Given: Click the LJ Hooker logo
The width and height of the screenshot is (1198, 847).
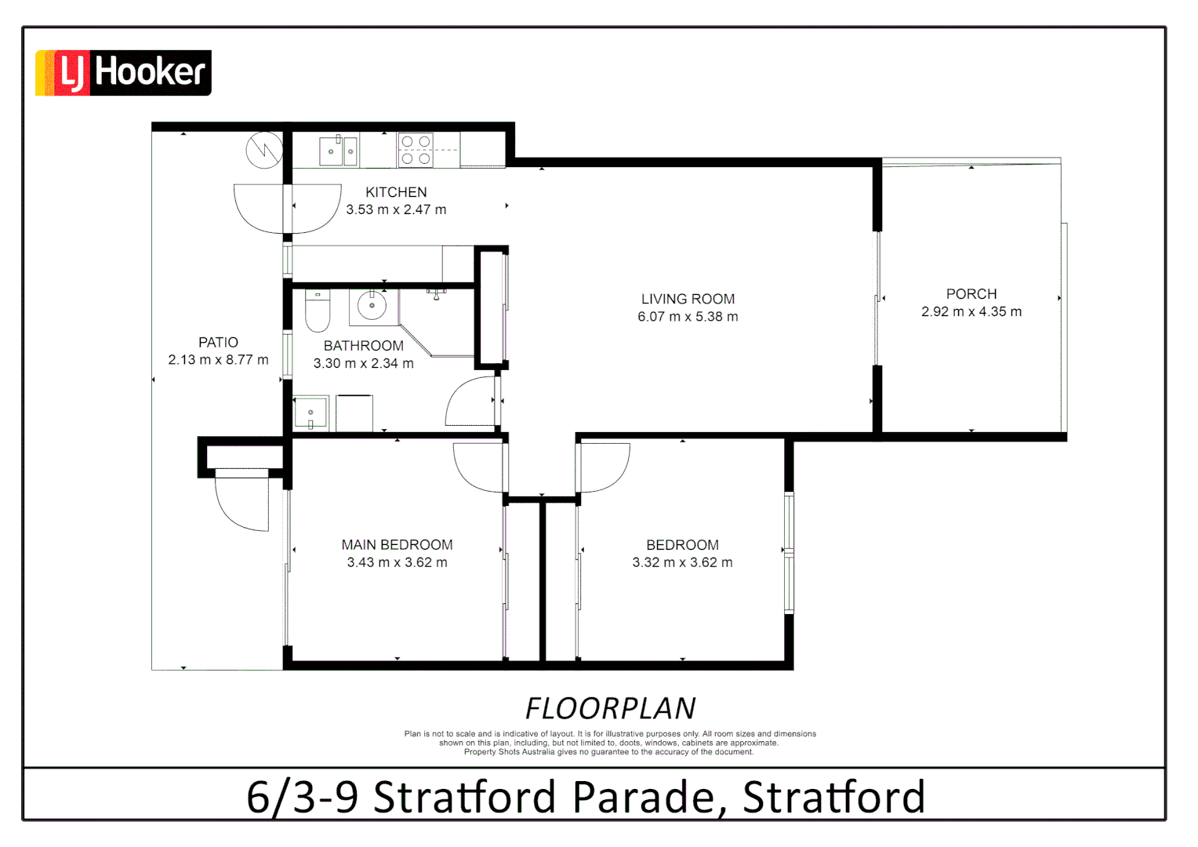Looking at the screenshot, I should point(123,73).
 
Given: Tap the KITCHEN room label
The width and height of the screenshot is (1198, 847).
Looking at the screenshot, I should point(396,192).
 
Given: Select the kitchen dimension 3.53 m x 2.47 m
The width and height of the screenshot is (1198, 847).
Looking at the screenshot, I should point(396,210).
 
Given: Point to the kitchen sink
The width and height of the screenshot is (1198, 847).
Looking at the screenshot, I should point(339,151).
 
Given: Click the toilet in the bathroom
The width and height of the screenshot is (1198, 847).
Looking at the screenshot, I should point(318,311).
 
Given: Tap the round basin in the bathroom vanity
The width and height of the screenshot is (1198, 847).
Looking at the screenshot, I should point(372,306).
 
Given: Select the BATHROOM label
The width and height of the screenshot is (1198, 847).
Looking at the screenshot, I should point(363,346).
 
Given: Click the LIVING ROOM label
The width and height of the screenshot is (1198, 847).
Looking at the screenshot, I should point(688,299).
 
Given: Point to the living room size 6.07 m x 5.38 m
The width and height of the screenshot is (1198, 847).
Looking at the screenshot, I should point(688,317).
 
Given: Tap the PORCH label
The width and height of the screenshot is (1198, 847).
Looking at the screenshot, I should point(971,294).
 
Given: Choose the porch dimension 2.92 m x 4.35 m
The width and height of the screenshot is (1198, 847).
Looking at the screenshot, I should point(971,312).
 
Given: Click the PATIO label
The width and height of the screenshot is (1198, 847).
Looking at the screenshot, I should point(218,343).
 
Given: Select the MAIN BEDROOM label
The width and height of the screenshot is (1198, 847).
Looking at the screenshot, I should point(397,545).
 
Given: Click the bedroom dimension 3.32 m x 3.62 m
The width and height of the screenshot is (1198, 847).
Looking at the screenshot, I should point(682,563).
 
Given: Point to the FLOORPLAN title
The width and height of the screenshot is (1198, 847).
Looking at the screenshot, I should point(610,708).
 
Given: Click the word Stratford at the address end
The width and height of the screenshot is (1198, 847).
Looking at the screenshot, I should point(833,797).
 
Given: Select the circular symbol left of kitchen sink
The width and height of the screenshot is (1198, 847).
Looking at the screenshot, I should point(264,150).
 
